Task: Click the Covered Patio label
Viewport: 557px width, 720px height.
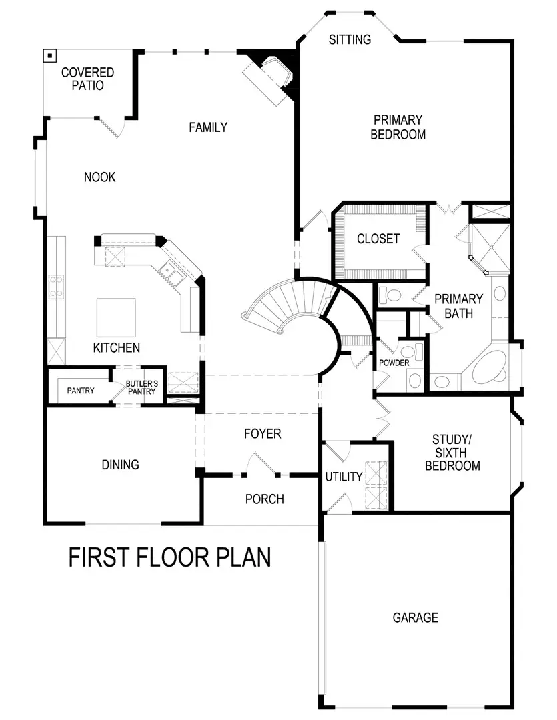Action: [87, 79]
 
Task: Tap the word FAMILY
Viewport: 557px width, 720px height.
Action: [207, 127]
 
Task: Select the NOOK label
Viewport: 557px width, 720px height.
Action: [100, 177]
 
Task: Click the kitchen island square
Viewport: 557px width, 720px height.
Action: [117, 318]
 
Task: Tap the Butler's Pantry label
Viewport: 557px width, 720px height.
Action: [141, 387]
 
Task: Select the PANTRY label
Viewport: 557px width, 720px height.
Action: [80, 391]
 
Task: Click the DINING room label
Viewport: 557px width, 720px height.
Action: [121, 464]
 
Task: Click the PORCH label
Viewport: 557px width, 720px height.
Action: [264, 499]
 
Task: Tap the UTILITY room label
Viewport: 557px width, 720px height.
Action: [344, 477]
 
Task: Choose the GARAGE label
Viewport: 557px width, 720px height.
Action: [415, 617]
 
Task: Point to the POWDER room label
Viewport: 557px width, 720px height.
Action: [394, 363]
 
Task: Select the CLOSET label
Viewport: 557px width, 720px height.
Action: [378, 239]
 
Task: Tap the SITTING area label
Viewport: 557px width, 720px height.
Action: [350, 40]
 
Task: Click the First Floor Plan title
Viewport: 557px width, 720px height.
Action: [169, 557]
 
